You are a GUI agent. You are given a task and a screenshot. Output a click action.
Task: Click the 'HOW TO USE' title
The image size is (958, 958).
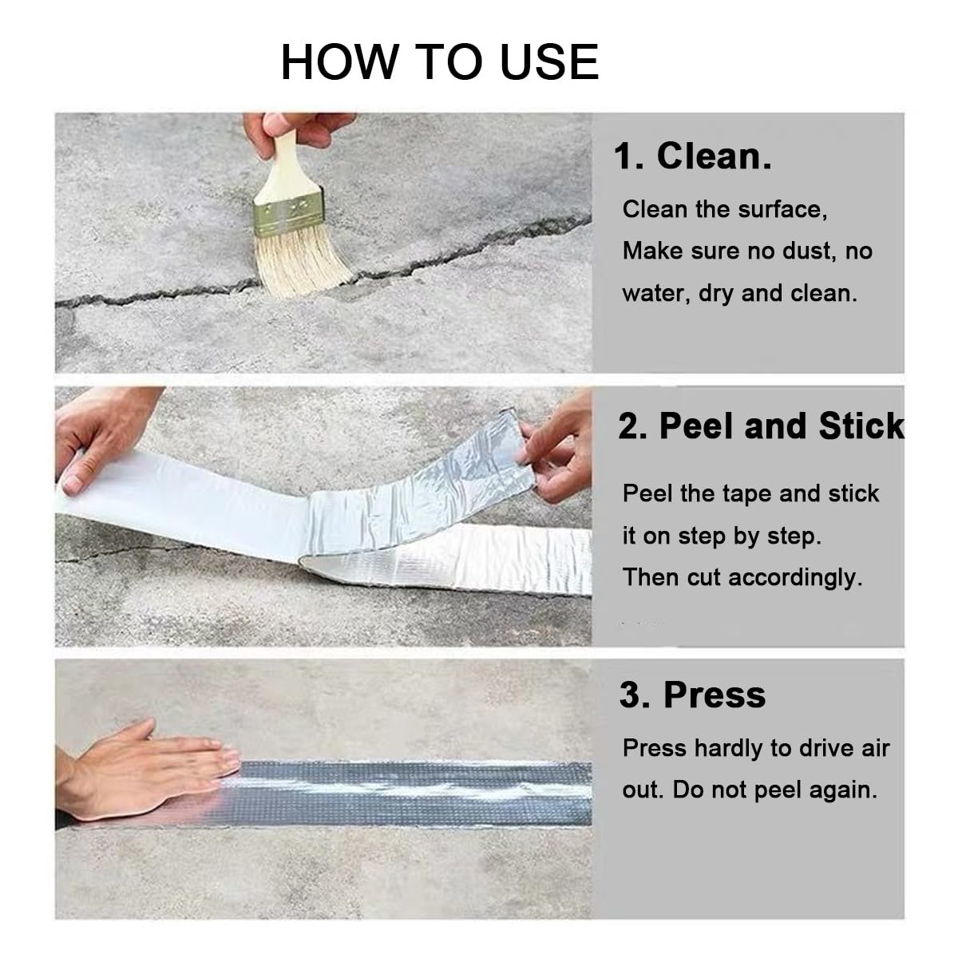pyautogui.click(x=439, y=62)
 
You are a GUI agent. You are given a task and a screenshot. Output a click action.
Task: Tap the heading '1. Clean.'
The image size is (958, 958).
pyautogui.click(x=692, y=156)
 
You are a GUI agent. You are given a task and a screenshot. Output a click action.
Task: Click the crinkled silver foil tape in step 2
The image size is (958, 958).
pyautogui.click(x=431, y=511)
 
